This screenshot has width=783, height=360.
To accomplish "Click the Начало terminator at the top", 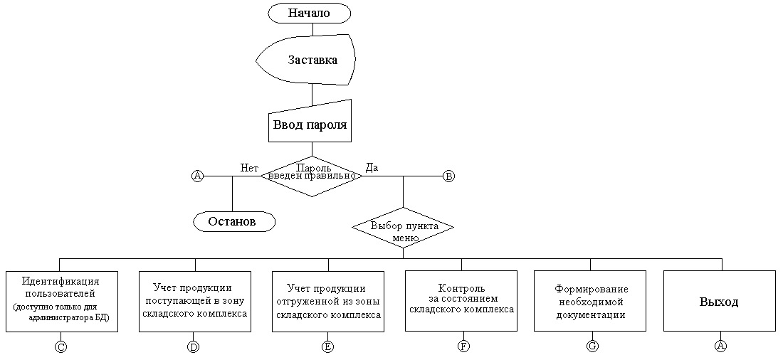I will click(310, 13).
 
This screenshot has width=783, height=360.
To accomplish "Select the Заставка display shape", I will click(312, 60).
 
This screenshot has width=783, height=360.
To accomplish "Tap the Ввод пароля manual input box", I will click(310, 125).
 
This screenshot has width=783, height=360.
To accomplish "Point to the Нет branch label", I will click(249, 168).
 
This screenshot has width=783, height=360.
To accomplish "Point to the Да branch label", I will click(372, 168).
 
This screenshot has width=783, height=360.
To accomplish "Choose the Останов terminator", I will click(234, 221).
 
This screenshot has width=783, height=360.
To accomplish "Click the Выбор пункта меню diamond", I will click(403, 228).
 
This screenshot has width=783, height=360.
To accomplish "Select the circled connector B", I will click(448, 176).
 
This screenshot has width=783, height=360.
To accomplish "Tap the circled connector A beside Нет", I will click(198, 176).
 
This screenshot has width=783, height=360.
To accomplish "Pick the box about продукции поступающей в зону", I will click(194, 300).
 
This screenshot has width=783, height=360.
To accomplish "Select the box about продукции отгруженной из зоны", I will click(328, 300).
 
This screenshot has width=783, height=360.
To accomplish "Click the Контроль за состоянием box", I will click(461, 300).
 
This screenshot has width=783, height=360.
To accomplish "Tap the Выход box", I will click(719, 301).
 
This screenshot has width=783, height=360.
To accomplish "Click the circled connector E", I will click(328, 346).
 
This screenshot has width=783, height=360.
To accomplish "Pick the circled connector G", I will click(592, 346).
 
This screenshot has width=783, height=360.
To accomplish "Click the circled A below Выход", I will click(720, 346).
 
